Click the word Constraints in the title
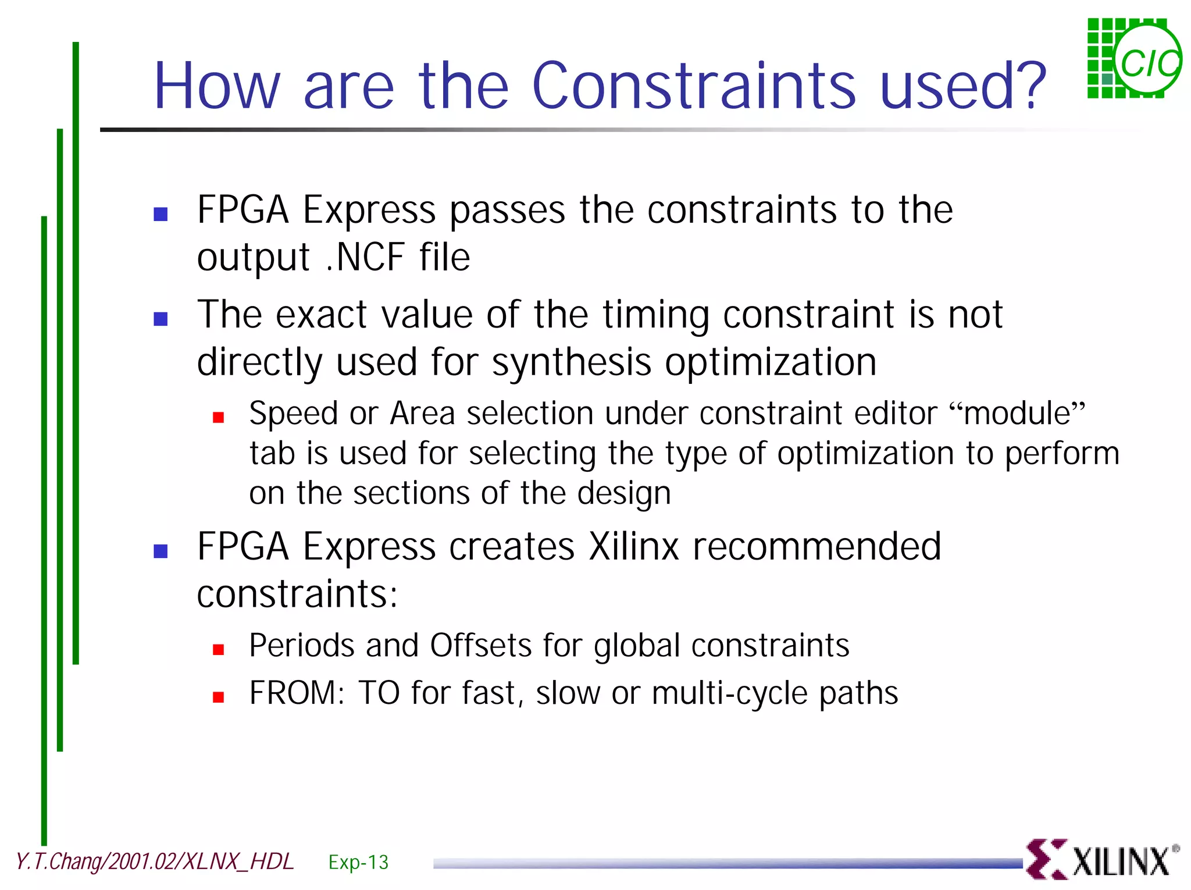693,86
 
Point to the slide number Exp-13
358,861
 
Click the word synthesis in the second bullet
572,362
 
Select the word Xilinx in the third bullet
634,546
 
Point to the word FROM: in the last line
297,693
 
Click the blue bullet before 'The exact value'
161,319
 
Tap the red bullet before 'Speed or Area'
219,417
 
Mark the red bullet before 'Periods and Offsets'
219,649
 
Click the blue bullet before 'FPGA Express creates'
161,551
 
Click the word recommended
816,546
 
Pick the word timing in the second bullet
655,315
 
